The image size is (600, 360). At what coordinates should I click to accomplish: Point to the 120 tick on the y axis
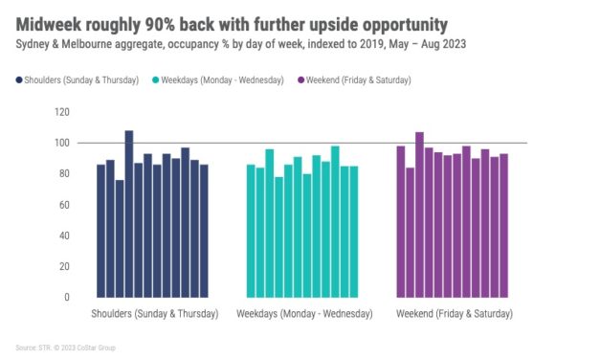click(63, 112)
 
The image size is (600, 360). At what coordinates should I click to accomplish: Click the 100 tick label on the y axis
click(63, 143)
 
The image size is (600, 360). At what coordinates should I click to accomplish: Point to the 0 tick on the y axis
click(67, 297)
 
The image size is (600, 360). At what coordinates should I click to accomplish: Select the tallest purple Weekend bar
click(419, 214)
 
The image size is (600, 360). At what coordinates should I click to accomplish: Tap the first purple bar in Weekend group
click(401, 221)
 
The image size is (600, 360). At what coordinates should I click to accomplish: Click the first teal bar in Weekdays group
click(251, 231)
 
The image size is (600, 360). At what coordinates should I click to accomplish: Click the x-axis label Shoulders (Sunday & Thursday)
click(155, 313)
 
